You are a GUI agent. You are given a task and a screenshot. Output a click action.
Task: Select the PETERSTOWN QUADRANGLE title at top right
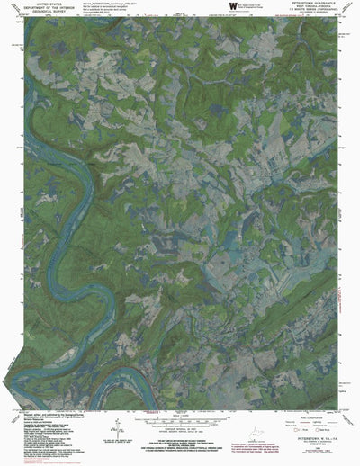click(x=310, y=4)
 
